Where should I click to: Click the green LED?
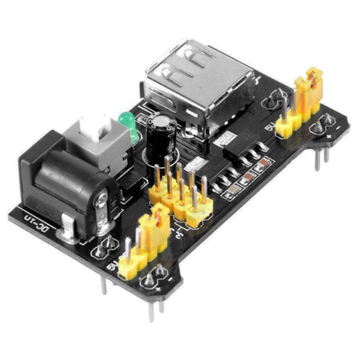click(x=125, y=120)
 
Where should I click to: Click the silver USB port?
click(x=200, y=80)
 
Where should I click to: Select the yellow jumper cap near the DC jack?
click(x=153, y=224)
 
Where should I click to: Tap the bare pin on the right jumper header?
click(x=284, y=104)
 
